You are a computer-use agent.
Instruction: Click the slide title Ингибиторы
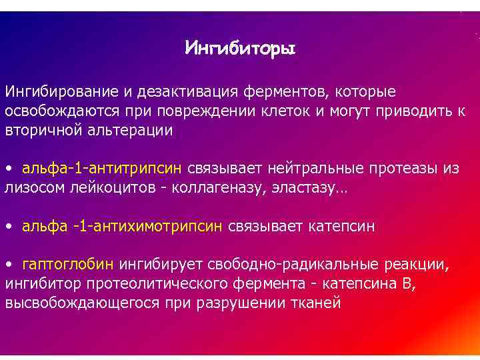click(x=240, y=48)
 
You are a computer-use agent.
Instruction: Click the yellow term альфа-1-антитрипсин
click(x=102, y=169)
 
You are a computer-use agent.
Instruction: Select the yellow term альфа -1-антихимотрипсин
click(x=123, y=227)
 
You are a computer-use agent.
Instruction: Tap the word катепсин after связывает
click(x=341, y=227)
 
